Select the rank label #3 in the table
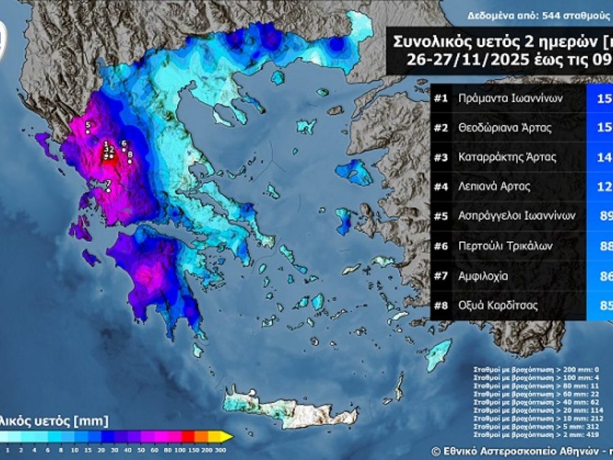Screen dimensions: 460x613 pyautogui.click(x=441, y=157)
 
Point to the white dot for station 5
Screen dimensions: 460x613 pyautogui.click(x=88, y=131)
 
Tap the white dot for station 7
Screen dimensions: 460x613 pyautogui.click(x=108, y=190)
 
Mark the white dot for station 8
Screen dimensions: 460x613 pyautogui.click(x=129, y=162)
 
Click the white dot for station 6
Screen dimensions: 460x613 pyautogui.click(x=123, y=150)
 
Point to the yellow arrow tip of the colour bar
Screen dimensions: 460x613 pyautogui.click(x=230, y=436)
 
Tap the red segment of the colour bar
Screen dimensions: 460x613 pyautogui.click(x=187, y=436)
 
